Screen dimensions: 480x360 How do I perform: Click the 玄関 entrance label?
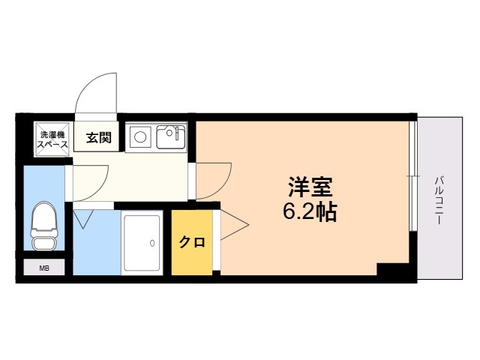click(98, 138)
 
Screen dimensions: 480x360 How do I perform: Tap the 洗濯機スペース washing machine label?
click(52, 139)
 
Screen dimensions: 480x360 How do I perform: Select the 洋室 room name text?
click(310, 187)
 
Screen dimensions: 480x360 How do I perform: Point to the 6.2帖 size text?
click(310, 211)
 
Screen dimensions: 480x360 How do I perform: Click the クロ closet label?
click(192, 242)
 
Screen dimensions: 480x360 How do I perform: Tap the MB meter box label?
click(44, 268)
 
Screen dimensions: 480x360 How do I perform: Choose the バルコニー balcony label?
click(439, 200)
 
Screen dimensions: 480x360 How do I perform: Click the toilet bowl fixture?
click(44, 225)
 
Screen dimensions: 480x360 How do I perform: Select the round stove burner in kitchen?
click(140, 136)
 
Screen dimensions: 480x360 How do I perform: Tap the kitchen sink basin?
click(171, 136)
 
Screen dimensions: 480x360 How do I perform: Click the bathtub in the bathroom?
click(142, 243)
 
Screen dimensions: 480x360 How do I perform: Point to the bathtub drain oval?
click(152, 243)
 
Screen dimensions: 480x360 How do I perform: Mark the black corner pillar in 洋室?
click(393, 269)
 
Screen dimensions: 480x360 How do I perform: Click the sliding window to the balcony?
click(413, 176)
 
